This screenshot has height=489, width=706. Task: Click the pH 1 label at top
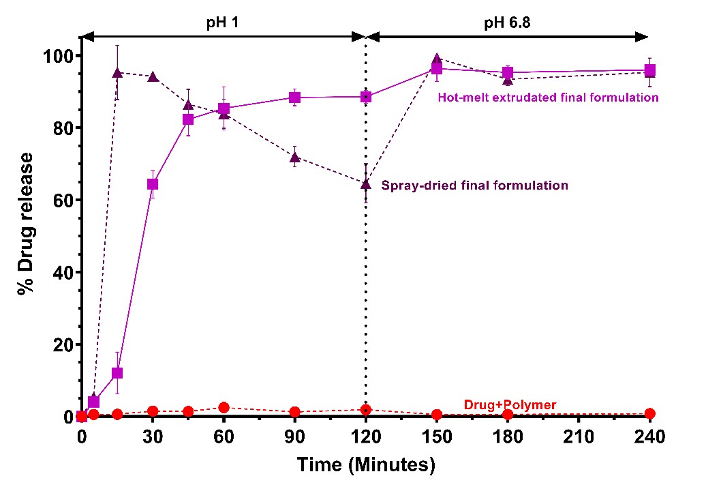[223, 22]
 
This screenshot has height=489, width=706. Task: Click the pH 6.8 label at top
[507, 22]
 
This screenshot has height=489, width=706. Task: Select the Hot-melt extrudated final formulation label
[548, 98]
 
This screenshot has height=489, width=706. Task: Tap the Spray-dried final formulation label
[475, 185]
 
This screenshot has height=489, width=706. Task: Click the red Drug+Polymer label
[510, 405]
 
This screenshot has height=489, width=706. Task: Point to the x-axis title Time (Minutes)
[365, 466]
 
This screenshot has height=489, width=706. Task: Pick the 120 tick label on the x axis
[366, 437]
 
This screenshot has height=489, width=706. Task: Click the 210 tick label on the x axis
[579, 437]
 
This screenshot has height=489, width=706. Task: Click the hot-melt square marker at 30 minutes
[153, 184]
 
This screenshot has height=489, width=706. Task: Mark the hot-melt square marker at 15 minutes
[117, 373]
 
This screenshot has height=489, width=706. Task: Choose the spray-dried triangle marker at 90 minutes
[294, 158]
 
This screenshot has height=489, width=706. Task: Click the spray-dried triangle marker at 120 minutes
[366, 183]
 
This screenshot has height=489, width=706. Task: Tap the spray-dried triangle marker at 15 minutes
[117, 72]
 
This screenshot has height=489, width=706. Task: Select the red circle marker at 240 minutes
[650, 413]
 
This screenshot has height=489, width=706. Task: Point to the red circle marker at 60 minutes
[224, 408]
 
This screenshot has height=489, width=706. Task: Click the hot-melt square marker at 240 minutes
[650, 70]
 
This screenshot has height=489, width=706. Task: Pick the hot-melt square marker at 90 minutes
[294, 98]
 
